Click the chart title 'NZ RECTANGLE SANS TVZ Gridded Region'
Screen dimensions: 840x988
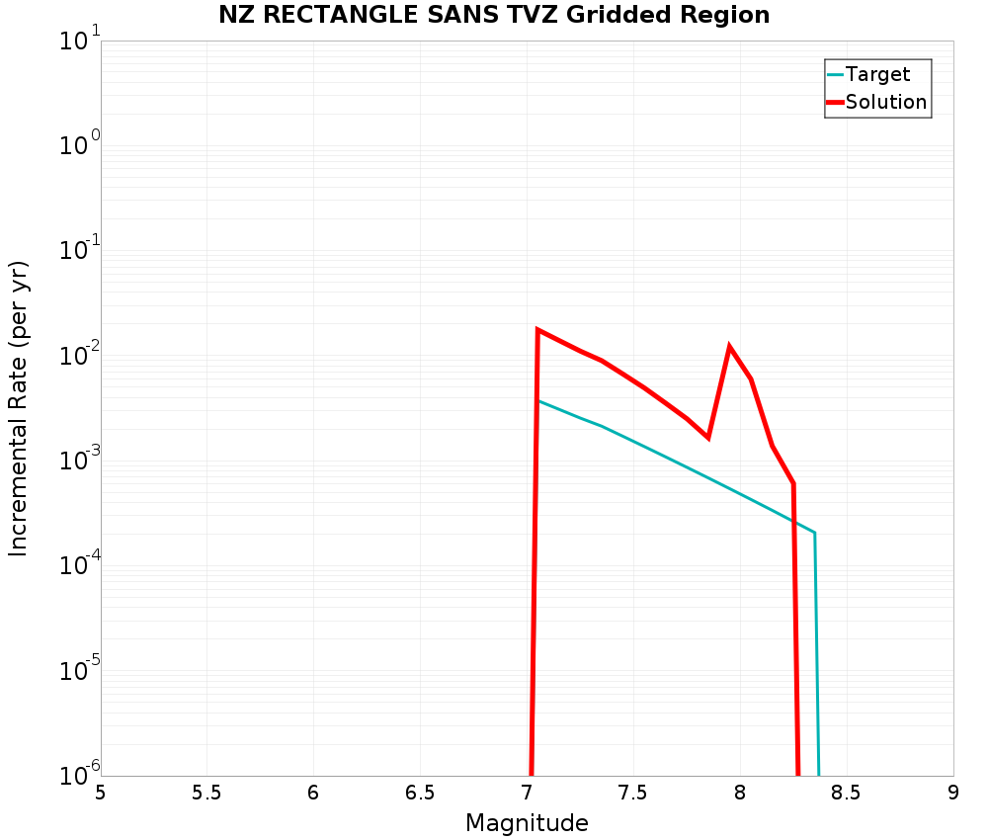pyautogui.click(x=494, y=15)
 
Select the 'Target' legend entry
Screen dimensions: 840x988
pyautogui.click(x=877, y=74)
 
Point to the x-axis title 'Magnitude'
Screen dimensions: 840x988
pyautogui.click(x=527, y=823)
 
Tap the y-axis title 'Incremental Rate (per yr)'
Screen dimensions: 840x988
pyautogui.click(x=19, y=408)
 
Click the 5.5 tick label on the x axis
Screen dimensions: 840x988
pyautogui.click(x=206, y=794)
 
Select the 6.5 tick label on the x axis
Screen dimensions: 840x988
pyautogui.click(x=420, y=794)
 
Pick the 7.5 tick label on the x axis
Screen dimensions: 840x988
pyautogui.click(x=633, y=794)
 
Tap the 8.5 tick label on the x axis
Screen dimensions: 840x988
pyautogui.click(x=847, y=794)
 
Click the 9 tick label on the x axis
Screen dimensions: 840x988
pyautogui.click(x=953, y=794)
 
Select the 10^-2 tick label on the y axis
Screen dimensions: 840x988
pyautogui.click(x=77, y=357)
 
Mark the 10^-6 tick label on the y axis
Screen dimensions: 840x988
pyautogui.click(x=77, y=774)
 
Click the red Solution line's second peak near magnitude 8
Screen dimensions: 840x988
pyautogui.click(x=729, y=347)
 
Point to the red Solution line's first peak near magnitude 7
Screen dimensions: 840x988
pyautogui.click(x=537, y=330)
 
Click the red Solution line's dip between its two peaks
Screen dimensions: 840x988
pyautogui.click(x=707, y=437)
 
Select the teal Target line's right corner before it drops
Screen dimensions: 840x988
pyautogui.click(x=814, y=533)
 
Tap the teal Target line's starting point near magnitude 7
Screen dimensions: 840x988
pyautogui.click(x=537, y=400)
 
